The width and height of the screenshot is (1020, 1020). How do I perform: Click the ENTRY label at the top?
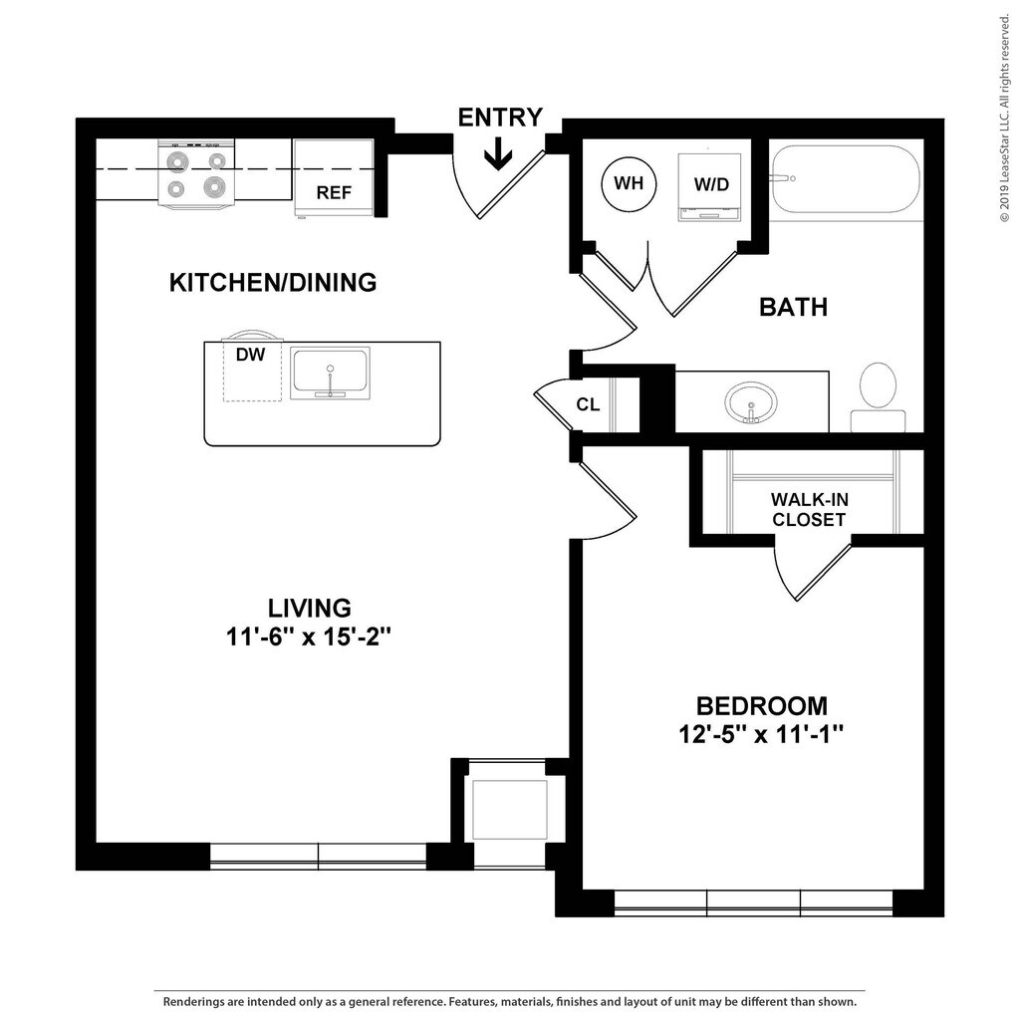pos(500,118)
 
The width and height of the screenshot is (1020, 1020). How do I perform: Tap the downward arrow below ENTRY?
pos(498,154)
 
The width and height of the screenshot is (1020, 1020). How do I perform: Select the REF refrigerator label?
pos(334,192)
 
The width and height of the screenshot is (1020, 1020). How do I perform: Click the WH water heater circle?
pos(629,183)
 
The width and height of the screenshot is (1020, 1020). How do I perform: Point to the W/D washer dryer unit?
pos(709,187)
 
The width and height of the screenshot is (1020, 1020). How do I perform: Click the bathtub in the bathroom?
pos(846,179)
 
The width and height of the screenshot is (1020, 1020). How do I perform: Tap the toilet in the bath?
pos(879,396)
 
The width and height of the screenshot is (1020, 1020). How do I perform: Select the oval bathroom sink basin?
pos(751,402)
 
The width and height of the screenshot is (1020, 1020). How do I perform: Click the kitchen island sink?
pos(330,373)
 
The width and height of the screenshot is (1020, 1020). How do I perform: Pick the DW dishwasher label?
pos(250,355)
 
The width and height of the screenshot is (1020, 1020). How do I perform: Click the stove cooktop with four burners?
pos(196,174)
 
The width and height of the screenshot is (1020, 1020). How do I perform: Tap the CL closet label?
pos(588,404)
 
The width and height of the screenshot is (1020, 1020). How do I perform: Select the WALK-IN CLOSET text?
pos(809,509)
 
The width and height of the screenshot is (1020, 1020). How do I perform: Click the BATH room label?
pos(794,307)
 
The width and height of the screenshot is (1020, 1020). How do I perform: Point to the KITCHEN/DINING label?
pos(273,282)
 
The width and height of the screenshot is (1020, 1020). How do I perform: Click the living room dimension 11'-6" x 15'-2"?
pos(309,637)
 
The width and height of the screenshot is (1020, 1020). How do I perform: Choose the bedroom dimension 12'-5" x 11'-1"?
pos(761,734)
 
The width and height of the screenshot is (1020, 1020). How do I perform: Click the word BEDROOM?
pos(762,706)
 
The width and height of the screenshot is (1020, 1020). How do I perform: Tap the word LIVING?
pos(310,608)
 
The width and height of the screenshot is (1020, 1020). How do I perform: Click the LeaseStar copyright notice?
pos(1005,118)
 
